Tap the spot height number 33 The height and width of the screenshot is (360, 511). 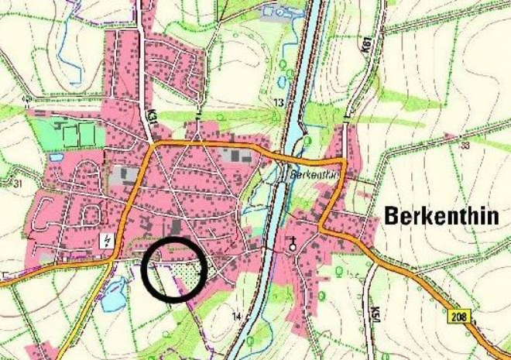click(465, 145)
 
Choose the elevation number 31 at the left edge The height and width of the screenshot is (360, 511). click(17, 184)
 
